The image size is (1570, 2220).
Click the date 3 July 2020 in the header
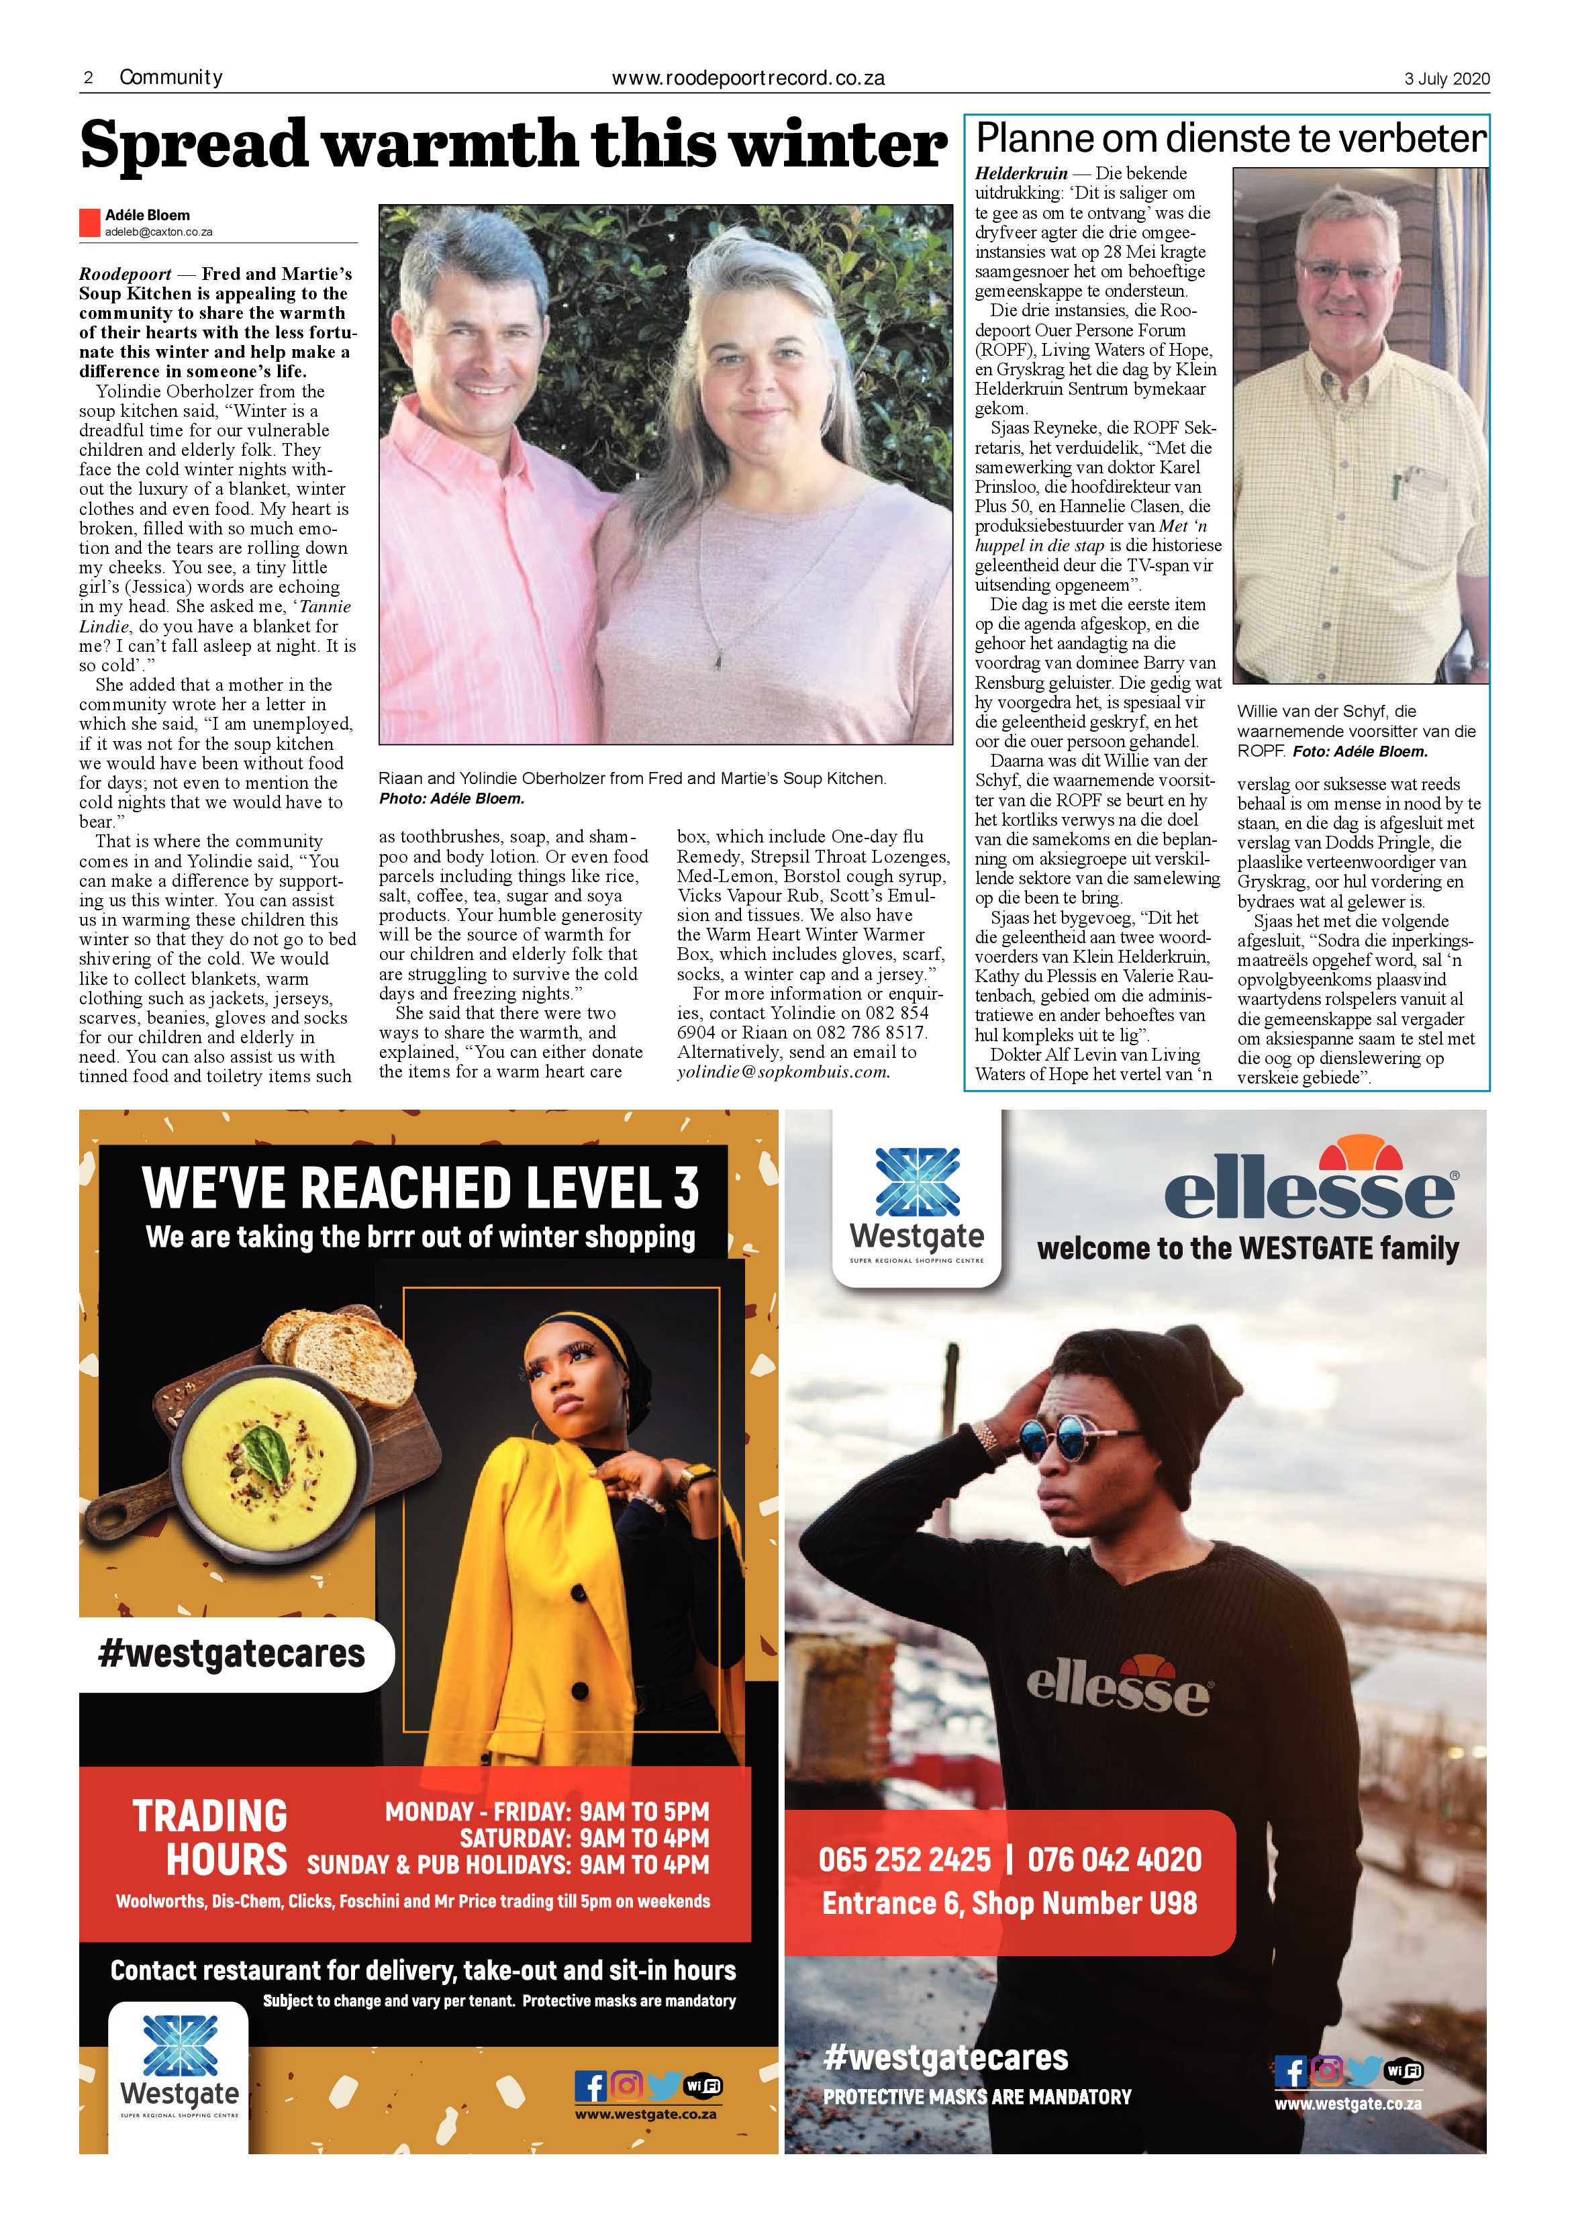pos(1446,79)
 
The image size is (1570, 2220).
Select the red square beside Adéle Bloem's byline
pos(90,222)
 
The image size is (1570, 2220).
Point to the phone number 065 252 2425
pos(904,1860)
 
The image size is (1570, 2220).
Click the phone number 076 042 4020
pos(1114,1860)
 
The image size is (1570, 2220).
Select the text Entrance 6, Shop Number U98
pos(1010,1903)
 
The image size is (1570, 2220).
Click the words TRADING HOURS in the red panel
pos(210,1838)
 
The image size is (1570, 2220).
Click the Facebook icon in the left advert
pos(590,2086)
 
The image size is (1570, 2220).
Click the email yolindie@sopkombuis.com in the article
pos(782,1072)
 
